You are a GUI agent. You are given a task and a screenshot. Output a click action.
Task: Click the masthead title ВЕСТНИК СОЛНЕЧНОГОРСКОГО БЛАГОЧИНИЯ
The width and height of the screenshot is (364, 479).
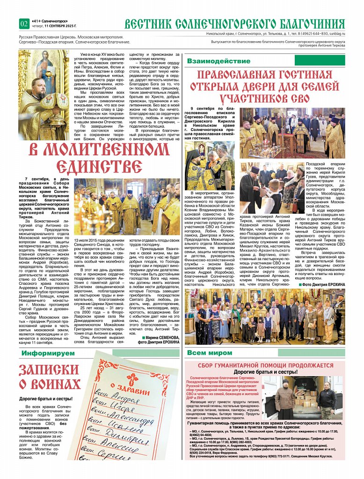[234, 24]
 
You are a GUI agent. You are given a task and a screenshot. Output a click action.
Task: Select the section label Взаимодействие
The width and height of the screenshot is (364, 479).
[212, 61]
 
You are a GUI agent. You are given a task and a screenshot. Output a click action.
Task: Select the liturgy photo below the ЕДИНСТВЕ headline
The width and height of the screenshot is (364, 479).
[126, 207]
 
